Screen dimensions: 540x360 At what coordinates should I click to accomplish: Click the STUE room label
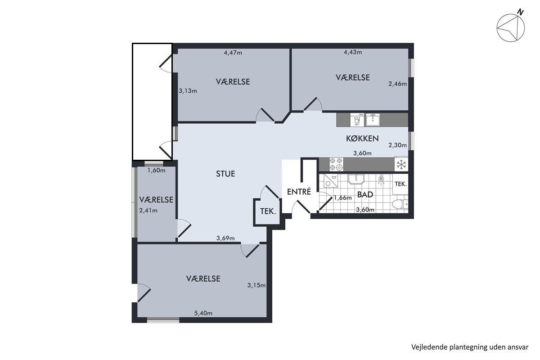tap(225, 174)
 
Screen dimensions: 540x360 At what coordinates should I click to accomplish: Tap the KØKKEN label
tap(362, 139)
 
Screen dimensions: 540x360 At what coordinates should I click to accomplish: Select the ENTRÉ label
tap(299, 192)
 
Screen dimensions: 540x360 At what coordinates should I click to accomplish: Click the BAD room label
tap(365, 194)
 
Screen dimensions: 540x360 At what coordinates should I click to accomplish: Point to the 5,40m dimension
tap(203, 313)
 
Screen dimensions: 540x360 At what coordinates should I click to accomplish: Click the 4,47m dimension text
tap(233, 53)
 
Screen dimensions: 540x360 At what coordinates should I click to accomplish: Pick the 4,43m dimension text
tap(353, 52)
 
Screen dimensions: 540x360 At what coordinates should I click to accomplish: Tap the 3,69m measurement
tap(225, 238)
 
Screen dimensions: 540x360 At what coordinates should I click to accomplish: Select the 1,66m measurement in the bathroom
tap(342, 198)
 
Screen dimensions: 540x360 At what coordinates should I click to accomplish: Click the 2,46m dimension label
tap(397, 84)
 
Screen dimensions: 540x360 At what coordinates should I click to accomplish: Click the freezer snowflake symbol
tap(401, 164)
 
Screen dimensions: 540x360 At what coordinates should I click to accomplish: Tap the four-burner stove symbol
tap(336, 164)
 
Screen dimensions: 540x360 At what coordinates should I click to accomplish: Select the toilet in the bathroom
tap(400, 204)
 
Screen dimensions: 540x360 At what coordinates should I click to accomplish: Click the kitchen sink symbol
tap(373, 120)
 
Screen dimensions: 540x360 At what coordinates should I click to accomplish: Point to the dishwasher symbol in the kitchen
tap(357, 120)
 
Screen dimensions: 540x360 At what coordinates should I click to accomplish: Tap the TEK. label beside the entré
tap(268, 211)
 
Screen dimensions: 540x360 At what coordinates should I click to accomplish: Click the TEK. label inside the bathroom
tap(400, 184)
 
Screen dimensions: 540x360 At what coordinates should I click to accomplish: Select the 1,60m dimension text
tap(157, 171)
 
